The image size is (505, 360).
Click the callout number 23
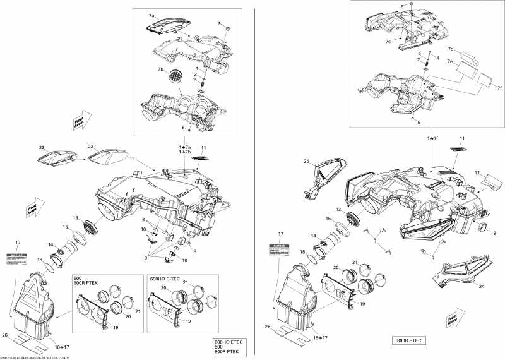point(43,148)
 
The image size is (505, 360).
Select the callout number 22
point(91,147)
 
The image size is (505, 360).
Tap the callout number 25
point(306,162)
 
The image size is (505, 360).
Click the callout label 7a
point(151,15)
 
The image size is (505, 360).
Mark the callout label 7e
point(450,62)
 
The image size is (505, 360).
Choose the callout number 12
point(477,171)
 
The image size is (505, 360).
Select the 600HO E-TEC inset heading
point(165,279)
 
